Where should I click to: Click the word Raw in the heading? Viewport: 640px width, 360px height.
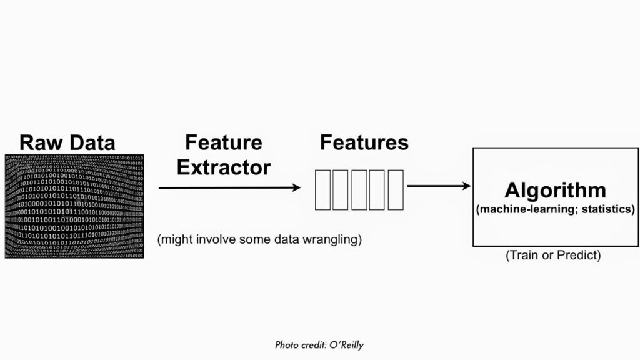click(41, 142)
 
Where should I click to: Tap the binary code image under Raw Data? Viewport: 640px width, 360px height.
click(74, 206)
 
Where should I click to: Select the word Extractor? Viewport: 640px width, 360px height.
click(224, 167)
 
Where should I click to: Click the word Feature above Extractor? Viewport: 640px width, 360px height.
click(224, 142)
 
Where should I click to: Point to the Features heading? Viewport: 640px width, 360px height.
click(364, 142)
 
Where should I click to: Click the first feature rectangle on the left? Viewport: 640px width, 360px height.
click(322, 189)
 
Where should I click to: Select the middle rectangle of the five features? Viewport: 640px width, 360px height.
click(359, 189)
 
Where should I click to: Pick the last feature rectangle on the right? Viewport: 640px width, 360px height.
click(396, 189)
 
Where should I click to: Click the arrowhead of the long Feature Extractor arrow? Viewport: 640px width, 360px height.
click(296, 187)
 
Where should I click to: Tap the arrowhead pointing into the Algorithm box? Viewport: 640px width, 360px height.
click(466, 186)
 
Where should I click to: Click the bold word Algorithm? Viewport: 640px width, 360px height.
click(555, 190)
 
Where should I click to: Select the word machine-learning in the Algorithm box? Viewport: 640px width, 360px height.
click(523, 209)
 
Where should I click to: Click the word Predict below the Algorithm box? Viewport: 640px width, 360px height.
click(579, 256)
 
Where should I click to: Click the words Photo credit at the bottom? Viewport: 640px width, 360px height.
click(296, 345)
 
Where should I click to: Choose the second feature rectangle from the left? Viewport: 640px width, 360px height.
click(341, 189)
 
